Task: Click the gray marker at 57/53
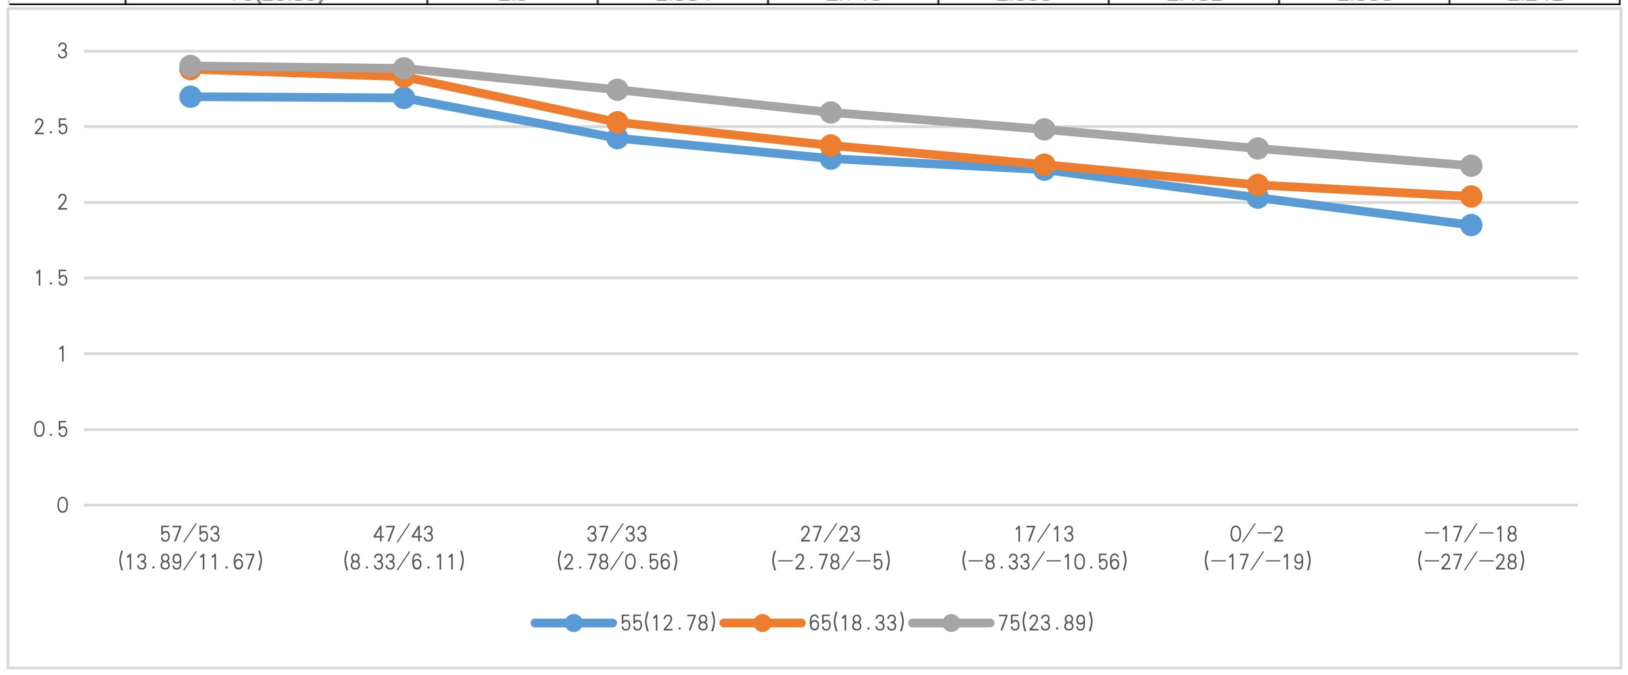tap(190, 66)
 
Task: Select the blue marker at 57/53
tap(190, 97)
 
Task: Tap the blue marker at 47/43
tap(404, 97)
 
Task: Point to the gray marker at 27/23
tap(831, 112)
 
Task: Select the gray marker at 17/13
tap(1044, 129)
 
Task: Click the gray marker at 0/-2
tap(1257, 148)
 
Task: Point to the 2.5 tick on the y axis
tap(50, 127)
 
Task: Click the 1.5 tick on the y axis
tap(50, 278)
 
